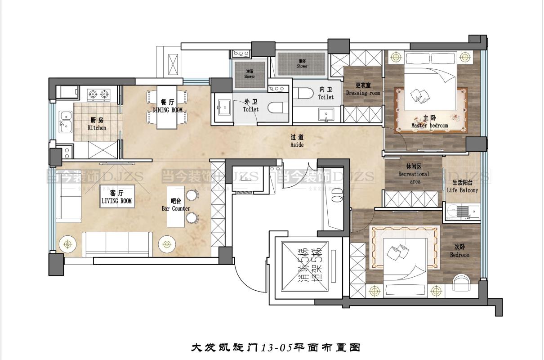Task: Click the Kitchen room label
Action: coord(97,124)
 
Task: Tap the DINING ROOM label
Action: coord(167,106)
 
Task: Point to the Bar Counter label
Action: coord(176,205)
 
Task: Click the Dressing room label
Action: coord(363,89)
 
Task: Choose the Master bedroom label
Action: coord(429,121)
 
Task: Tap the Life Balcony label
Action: coord(462,186)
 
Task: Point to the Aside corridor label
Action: coord(297,141)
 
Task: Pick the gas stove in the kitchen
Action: coord(99,94)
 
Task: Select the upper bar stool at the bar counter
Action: coord(192,195)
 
